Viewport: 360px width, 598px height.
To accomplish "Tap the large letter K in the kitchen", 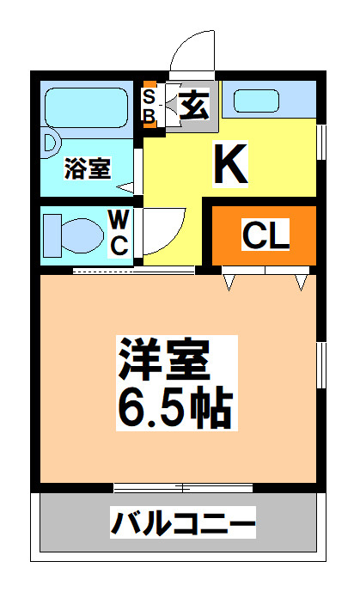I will coord(230,164).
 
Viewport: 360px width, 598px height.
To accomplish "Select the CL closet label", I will coord(265,235).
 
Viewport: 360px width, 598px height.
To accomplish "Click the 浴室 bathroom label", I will coord(88,168).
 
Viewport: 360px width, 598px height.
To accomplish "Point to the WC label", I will coord(119,232).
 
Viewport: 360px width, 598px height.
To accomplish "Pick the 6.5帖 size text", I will coord(174,411).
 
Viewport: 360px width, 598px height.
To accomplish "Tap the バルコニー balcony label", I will coord(182,522).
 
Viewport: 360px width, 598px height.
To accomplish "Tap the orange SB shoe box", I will coord(149,106).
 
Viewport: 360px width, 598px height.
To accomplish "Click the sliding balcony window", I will coord(183,488).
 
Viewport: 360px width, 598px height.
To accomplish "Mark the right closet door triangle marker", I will coord(301,281).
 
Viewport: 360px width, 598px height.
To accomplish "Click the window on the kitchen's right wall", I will coord(322,141).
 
